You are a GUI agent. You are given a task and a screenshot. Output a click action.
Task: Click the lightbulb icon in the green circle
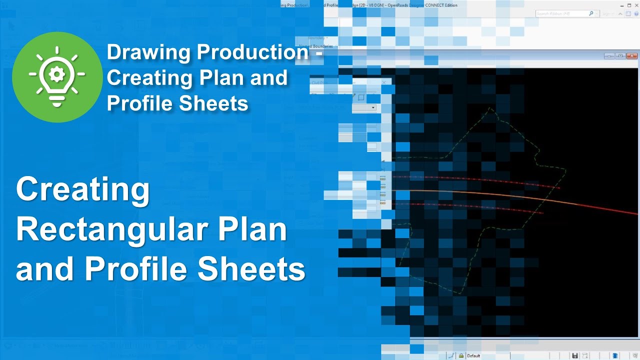(57, 76)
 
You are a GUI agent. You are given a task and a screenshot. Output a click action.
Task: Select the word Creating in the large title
(83, 190)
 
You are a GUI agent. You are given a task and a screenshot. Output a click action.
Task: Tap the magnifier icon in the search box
(591, 13)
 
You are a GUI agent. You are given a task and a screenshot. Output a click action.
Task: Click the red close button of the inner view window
(632, 56)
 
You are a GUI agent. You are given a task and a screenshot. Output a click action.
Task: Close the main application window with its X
(636, 5)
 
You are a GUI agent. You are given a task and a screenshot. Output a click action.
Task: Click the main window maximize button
(629, 5)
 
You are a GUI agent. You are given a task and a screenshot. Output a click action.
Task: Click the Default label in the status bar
(473, 355)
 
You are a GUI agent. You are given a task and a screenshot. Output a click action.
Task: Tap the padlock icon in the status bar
(461, 355)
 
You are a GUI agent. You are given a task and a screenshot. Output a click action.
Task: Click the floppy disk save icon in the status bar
(575, 355)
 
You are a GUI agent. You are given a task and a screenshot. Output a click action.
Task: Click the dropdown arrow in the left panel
(373, 107)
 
